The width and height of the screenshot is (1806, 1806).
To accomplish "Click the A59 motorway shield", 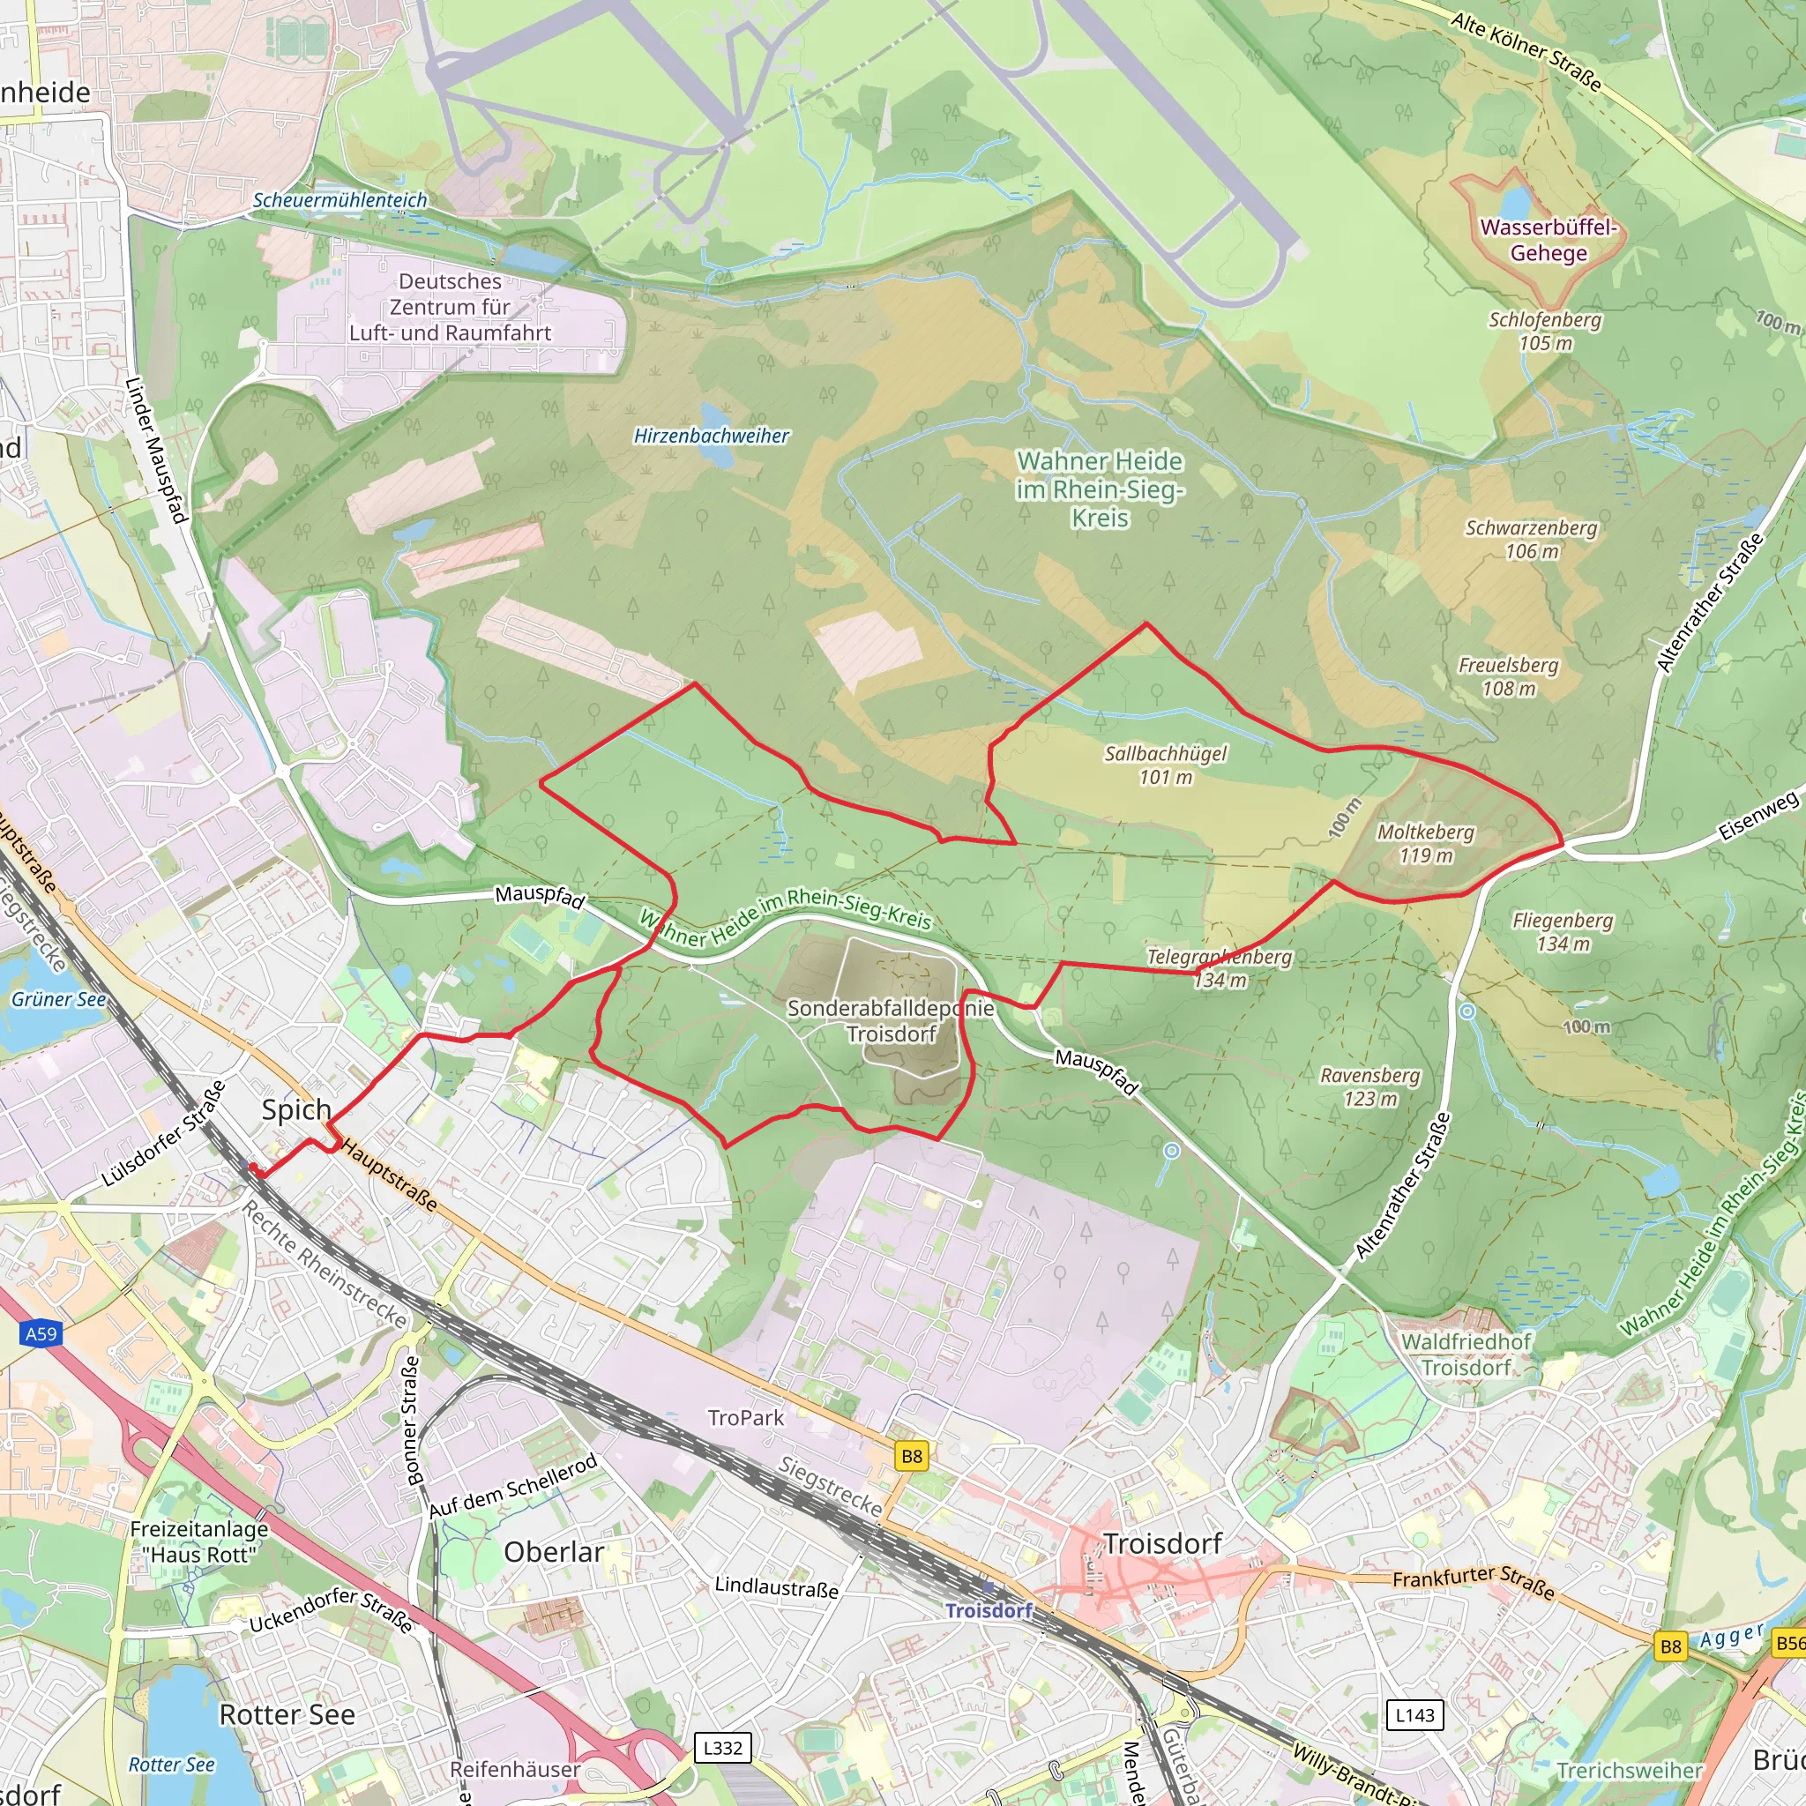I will click(41, 1334).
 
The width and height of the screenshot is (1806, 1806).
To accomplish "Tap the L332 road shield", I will click(722, 1748).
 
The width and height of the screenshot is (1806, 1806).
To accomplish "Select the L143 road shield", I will click(1414, 1715).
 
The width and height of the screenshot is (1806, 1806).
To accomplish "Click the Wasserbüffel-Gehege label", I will click(1548, 240).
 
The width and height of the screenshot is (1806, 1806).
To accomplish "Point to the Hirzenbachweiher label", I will click(712, 436).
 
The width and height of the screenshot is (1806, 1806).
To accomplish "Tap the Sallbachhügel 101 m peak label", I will click(1165, 765).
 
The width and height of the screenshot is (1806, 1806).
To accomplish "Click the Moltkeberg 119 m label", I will click(1426, 843).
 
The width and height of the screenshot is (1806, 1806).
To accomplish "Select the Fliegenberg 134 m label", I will click(1563, 932).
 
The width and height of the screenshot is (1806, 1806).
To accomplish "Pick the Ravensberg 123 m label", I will click(1369, 1086).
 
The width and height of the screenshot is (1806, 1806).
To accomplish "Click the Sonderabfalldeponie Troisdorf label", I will click(891, 1021).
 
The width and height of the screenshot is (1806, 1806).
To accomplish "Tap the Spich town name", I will click(296, 1109).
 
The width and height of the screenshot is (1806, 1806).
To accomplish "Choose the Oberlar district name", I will click(554, 1552).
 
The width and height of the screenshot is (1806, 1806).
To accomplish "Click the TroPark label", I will click(746, 1417).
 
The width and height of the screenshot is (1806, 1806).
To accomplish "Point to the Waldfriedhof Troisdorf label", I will click(1466, 1354).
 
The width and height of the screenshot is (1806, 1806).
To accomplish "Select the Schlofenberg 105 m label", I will click(1544, 331).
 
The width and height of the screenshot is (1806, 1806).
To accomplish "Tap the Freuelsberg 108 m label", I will click(1508, 676).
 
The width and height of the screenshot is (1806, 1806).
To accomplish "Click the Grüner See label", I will click(59, 999).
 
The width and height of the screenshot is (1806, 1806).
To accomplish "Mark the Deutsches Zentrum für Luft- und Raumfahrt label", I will click(450, 307).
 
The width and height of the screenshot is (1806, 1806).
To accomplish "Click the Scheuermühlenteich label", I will click(340, 200).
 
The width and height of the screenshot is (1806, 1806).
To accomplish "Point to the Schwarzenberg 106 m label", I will click(1531, 540).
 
